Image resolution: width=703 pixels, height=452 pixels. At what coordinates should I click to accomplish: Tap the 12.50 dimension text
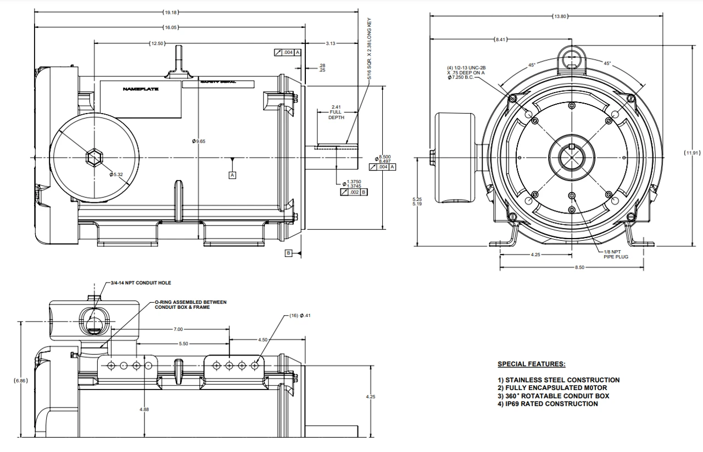[x=157, y=43]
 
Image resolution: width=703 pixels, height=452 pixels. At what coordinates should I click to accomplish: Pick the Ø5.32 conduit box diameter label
[x=116, y=174]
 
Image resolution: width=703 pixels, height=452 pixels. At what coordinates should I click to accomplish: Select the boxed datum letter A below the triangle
[x=232, y=175]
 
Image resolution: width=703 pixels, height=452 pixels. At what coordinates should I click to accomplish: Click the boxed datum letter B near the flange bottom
[x=288, y=253]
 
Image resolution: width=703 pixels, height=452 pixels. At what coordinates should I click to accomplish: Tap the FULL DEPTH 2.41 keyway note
[x=336, y=112]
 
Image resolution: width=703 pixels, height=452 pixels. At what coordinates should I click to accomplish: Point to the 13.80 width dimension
[x=560, y=16]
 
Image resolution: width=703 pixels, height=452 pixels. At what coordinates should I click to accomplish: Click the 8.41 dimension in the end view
[x=501, y=39]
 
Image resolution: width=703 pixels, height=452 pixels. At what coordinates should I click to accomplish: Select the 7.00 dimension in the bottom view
[x=178, y=329]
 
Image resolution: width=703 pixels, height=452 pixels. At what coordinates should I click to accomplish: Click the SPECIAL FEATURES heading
[x=531, y=364]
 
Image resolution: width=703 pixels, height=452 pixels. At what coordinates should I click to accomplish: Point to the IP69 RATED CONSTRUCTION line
[x=548, y=404]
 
